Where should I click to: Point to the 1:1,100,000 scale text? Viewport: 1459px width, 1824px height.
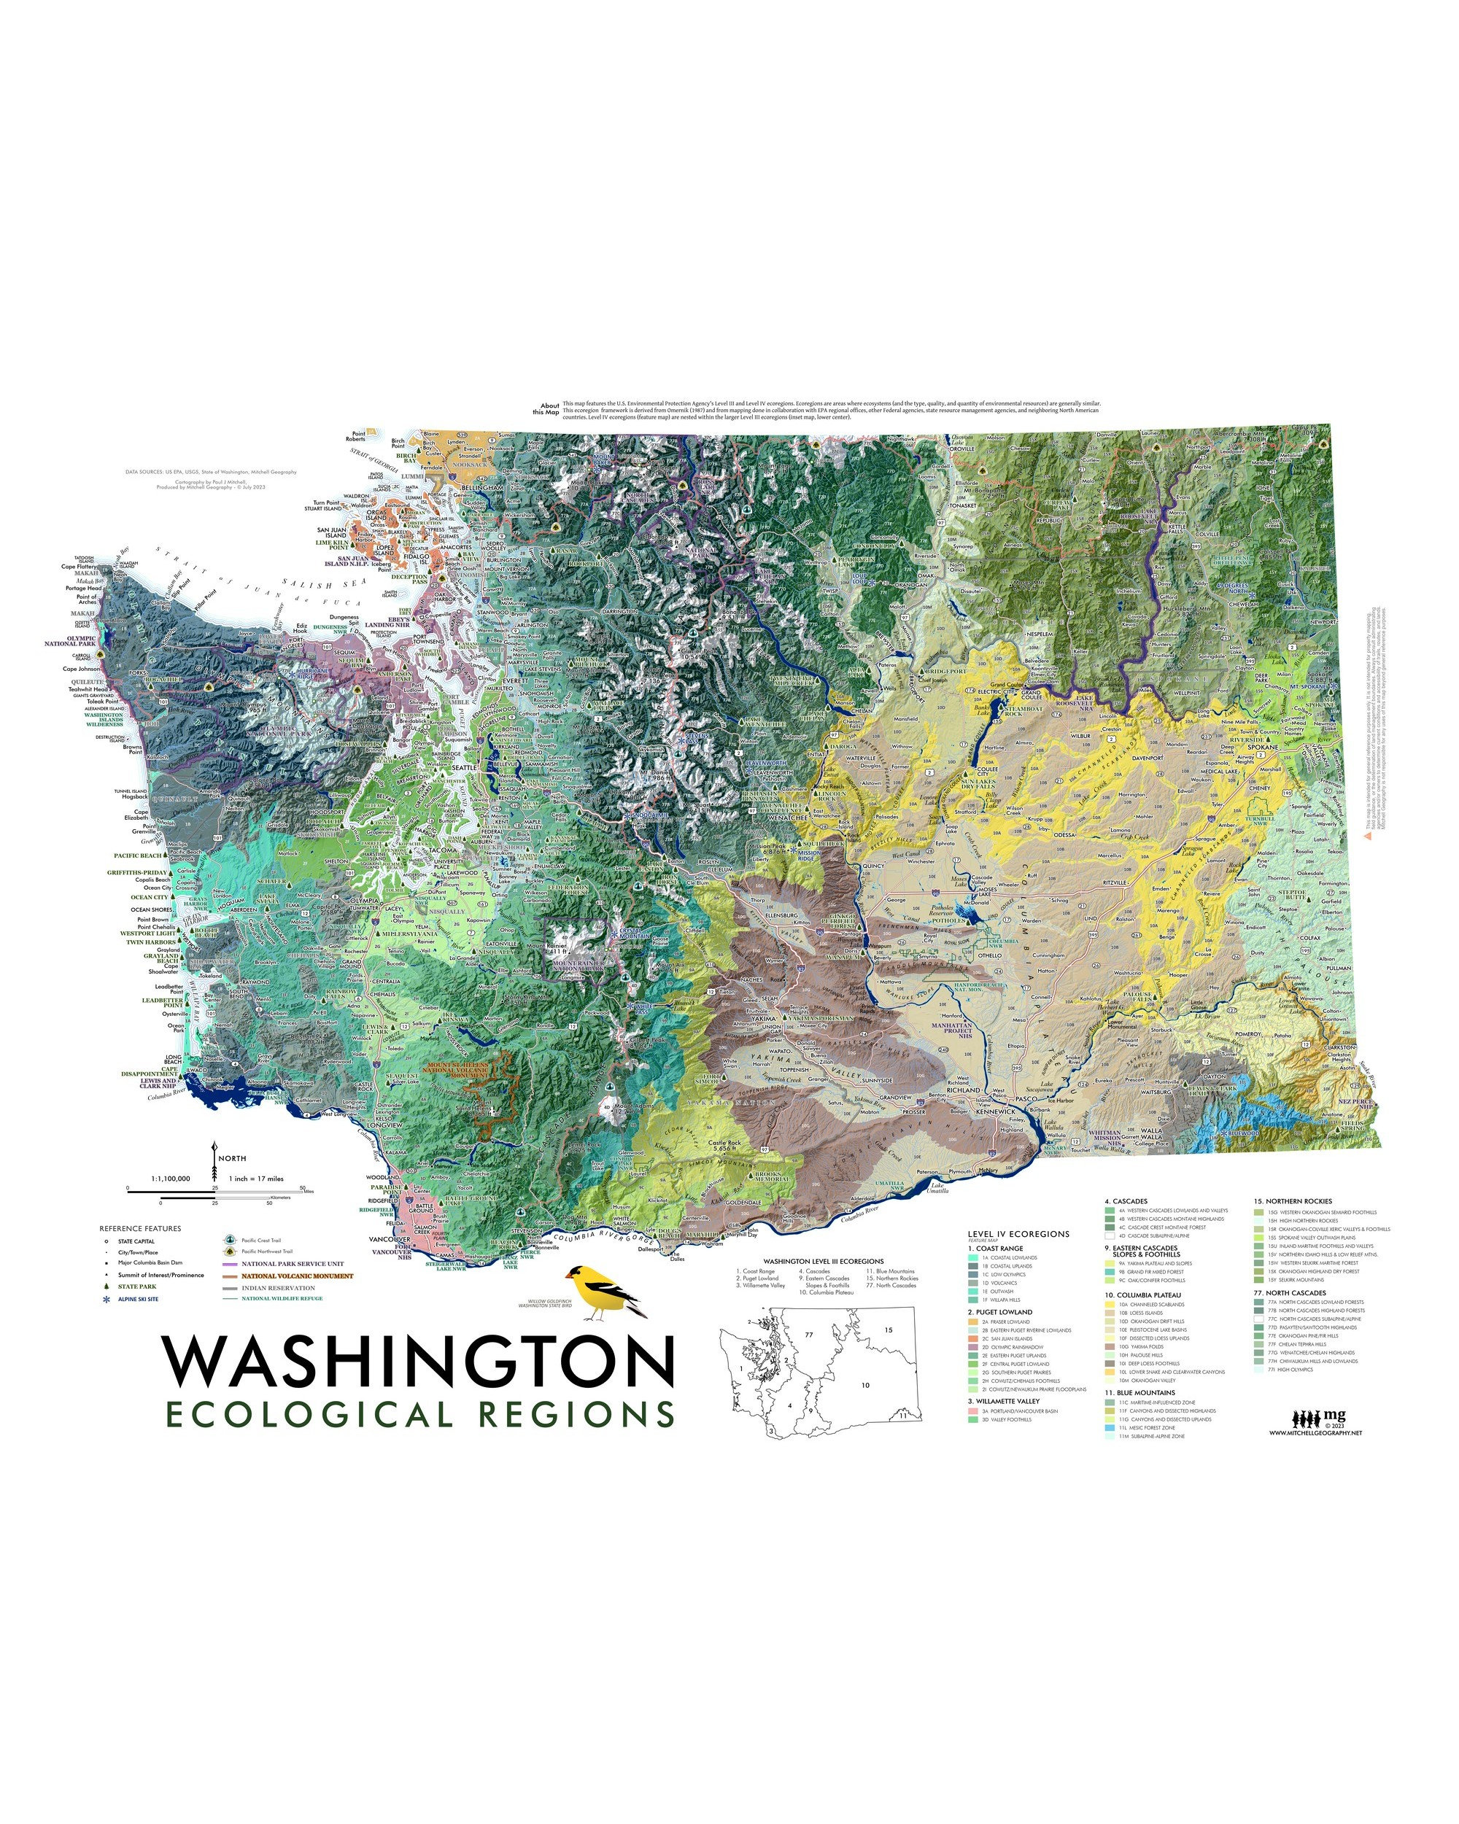(x=170, y=1179)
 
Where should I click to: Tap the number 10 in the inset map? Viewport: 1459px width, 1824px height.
(x=866, y=1386)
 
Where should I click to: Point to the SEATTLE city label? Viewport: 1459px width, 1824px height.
(x=465, y=768)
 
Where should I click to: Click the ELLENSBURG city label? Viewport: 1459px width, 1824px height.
(x=781, y=915)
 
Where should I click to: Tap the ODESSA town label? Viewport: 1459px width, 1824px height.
(x=1064, y=835)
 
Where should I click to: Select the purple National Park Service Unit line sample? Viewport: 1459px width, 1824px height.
(x=229, y=1264)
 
